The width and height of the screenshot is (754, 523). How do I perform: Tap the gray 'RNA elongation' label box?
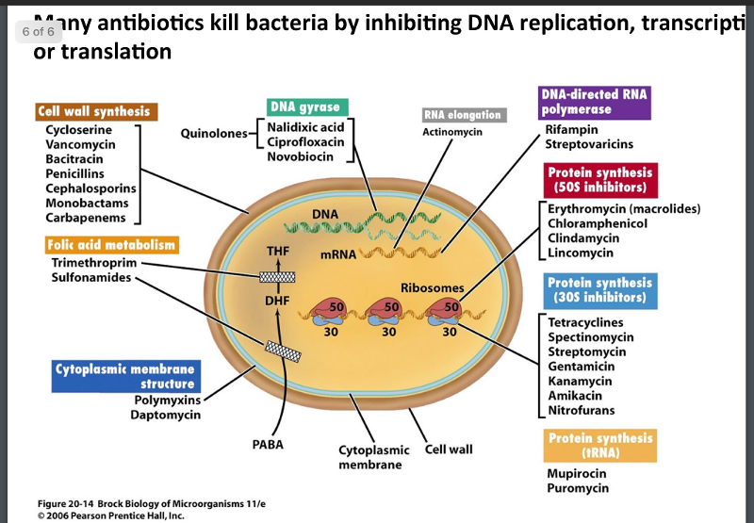click(463, 115)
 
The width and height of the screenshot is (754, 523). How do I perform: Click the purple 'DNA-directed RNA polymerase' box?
click(595, 102)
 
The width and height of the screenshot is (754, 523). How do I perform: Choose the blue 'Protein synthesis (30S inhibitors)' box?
click(599, 290)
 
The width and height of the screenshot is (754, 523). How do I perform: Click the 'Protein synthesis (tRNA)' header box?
click(599, 446)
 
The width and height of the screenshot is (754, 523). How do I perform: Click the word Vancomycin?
click(80, 145)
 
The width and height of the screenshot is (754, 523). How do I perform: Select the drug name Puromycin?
click(577, 487)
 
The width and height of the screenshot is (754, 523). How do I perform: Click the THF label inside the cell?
click(278, 252)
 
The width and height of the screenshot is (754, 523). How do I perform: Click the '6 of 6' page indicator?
click(39, 31)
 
